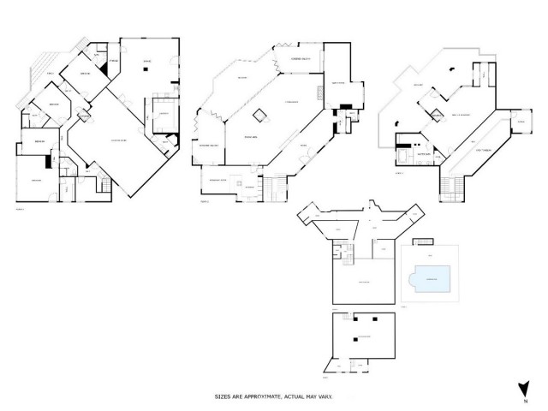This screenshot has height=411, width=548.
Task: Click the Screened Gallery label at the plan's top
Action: [x=301, y=58]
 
